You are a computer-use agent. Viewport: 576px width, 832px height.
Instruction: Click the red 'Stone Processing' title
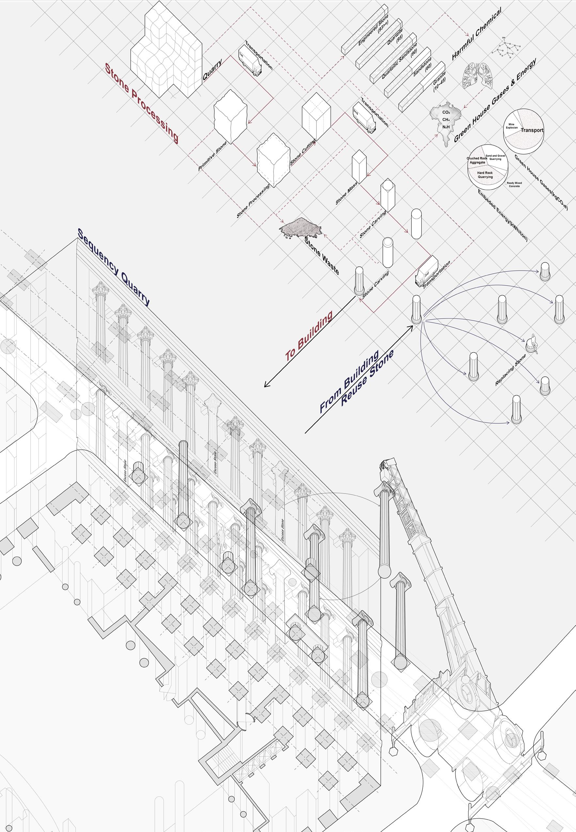pyautogui.click(x=142, y=104)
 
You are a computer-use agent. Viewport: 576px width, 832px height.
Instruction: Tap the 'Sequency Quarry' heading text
pyautogui.click(x=113, y=267)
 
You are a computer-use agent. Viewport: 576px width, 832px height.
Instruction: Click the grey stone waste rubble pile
pyautogui.click(x=300, y=228)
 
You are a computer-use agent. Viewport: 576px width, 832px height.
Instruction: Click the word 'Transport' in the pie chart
pyautogui.click(x=532, y=130)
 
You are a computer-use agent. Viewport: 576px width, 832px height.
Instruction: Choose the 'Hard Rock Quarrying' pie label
pyautogui.click(x=485, y=175)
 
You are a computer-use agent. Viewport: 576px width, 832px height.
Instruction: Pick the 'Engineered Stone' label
pyautogui.click(x=373, y=35)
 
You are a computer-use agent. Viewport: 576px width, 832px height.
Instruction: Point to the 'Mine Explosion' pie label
pyautogui.click(x=514, y=126)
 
